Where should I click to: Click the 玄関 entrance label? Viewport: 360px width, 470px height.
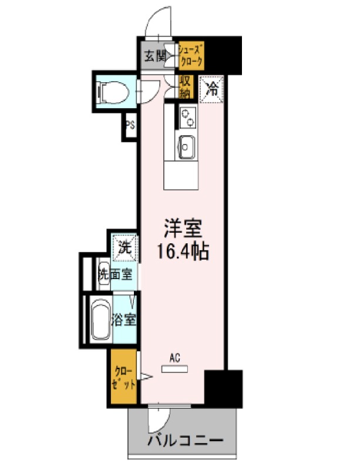[x=155, y=56]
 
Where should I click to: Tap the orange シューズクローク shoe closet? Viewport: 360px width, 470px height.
[x=191, y=56]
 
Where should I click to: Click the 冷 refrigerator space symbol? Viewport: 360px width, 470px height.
[x=211, y=90]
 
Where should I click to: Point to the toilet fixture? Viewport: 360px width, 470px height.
[x=112, y=92]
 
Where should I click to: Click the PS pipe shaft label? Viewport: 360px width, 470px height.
[x=130, y=126]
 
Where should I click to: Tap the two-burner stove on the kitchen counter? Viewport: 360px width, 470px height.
[x=188, y=118]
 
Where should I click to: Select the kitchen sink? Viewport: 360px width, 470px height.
[x=186, y=147]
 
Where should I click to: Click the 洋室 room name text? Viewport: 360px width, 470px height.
[x=183, y=229]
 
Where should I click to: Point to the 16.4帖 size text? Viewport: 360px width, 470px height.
[x=183, y=251]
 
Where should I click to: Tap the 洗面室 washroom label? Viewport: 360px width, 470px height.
[x=116, y=274]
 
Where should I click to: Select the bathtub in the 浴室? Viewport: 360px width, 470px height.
[x=100, y=320]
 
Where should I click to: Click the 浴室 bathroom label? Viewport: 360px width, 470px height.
[x=124, y=320]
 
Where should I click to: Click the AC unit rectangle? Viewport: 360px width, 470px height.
[x=175, y=369]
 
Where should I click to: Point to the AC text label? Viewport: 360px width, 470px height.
[x=175, y=358]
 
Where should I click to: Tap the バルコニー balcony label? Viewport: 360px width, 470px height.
[x=186, y=441]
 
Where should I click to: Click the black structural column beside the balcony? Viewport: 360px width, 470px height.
[x=223, y=389]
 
